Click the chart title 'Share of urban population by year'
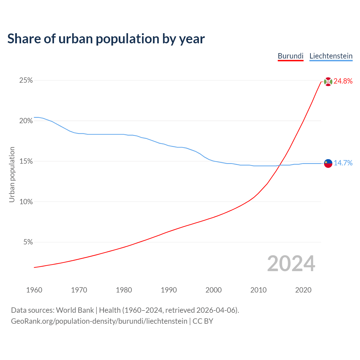(x=106, y=39)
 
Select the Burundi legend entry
(x=291, y=56)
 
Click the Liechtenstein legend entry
(x=331, y=56)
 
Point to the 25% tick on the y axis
(x=26, y=80)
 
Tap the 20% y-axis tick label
(x=26, y=121)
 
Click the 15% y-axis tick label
(x=26, y=161)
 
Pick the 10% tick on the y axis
(x=26, y=202)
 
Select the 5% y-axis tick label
(x=28, y=242)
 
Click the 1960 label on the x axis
(x=34, y=290)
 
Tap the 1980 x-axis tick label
(x=124, y=290)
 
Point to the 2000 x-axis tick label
(x=214, y=290)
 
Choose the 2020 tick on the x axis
(x=303, y=290)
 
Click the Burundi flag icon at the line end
(x=328, y=82)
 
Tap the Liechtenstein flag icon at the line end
(x=328, y=163)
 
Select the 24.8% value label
(x=343, y=81)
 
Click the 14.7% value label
(x=343, y=163)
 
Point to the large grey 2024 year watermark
(x=291, y=264)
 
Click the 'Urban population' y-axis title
(x=12, y=174)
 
